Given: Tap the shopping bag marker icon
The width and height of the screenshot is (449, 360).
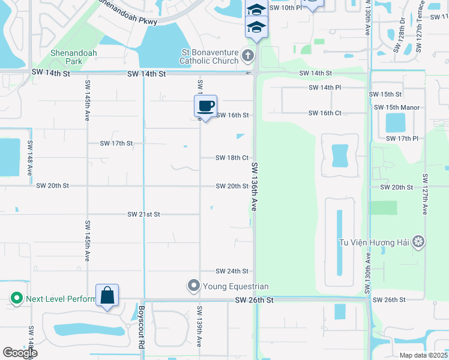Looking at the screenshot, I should pos(107,295).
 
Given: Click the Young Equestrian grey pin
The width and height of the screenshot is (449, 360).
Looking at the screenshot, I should pos(193,286).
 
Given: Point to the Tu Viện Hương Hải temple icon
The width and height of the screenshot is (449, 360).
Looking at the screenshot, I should pos(418,242).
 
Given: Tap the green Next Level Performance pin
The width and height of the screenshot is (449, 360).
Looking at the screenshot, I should pos(16,298).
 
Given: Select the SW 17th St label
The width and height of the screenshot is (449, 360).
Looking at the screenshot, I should pos(116,143).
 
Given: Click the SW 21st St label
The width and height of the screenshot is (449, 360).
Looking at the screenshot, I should pos(143,214).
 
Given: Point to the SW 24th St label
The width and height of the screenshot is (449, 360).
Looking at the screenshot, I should pos(232,271).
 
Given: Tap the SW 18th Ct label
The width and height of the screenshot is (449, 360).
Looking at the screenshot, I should pos(232,158).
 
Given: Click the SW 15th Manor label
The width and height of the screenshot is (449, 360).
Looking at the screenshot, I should pos(396,107).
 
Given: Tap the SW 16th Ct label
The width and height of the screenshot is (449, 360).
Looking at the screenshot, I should pos(325,113).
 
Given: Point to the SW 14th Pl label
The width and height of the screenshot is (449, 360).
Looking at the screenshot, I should pos(325,87).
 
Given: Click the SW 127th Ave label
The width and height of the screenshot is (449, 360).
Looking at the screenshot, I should pos(424,194).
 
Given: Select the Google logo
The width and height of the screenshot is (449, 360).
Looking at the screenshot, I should pos(20,353).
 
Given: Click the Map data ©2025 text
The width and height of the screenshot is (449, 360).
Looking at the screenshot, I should pos(423,355).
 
